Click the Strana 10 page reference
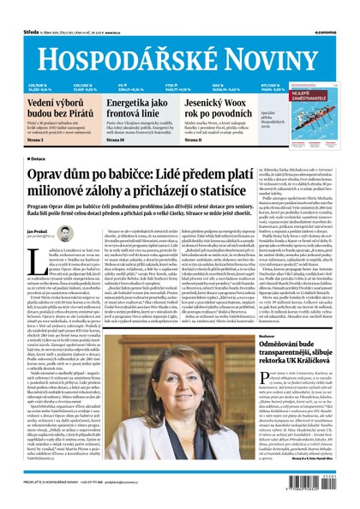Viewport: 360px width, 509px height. tap(117, 141)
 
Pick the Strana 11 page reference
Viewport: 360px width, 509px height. tap(208, 141)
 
